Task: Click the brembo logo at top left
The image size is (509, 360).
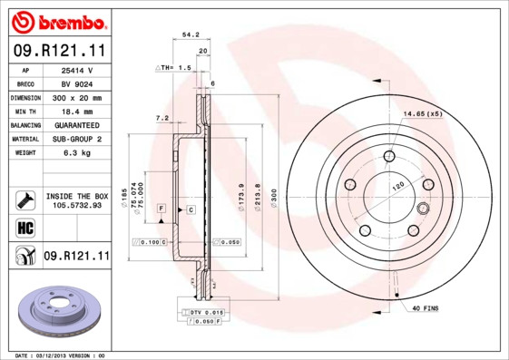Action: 57,21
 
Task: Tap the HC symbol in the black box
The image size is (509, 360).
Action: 25,227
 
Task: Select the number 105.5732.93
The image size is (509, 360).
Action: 76,206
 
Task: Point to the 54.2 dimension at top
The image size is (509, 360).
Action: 191,34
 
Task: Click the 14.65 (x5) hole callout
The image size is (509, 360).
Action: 422,113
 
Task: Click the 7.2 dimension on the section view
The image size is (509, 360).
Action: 162,118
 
